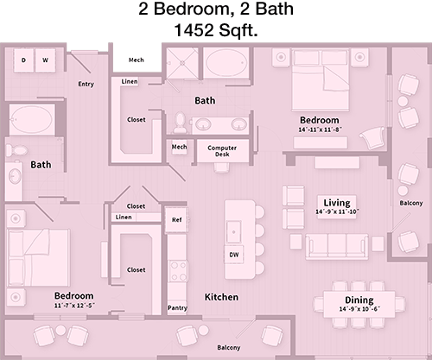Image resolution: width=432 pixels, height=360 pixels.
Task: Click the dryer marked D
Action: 23,60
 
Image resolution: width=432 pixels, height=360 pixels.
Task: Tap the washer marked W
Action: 45,60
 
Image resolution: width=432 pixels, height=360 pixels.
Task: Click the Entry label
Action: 86,84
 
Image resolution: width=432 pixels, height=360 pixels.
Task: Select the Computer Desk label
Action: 222,151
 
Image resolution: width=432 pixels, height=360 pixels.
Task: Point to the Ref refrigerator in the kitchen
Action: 176,220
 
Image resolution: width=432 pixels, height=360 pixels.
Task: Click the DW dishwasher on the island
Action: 234,255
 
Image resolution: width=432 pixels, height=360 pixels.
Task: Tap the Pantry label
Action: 177,308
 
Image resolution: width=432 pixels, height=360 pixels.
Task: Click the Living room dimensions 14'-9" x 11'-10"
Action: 337,212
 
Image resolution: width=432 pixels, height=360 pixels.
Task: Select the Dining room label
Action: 359,300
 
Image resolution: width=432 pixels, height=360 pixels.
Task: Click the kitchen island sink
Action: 233,232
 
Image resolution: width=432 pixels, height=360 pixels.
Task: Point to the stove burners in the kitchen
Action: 178,271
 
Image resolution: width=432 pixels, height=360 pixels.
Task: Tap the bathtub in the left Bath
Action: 32,120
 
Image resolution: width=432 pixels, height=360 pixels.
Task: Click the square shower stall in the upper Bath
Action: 182,63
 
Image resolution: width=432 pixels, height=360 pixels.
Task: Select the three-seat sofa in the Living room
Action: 337,246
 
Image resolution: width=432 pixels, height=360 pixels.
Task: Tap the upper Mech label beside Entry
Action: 137,60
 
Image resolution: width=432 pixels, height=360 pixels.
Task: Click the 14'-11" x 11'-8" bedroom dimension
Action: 320,129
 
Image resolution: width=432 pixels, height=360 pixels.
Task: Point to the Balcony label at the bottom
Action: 229,348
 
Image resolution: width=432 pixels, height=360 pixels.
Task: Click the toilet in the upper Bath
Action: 181,123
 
